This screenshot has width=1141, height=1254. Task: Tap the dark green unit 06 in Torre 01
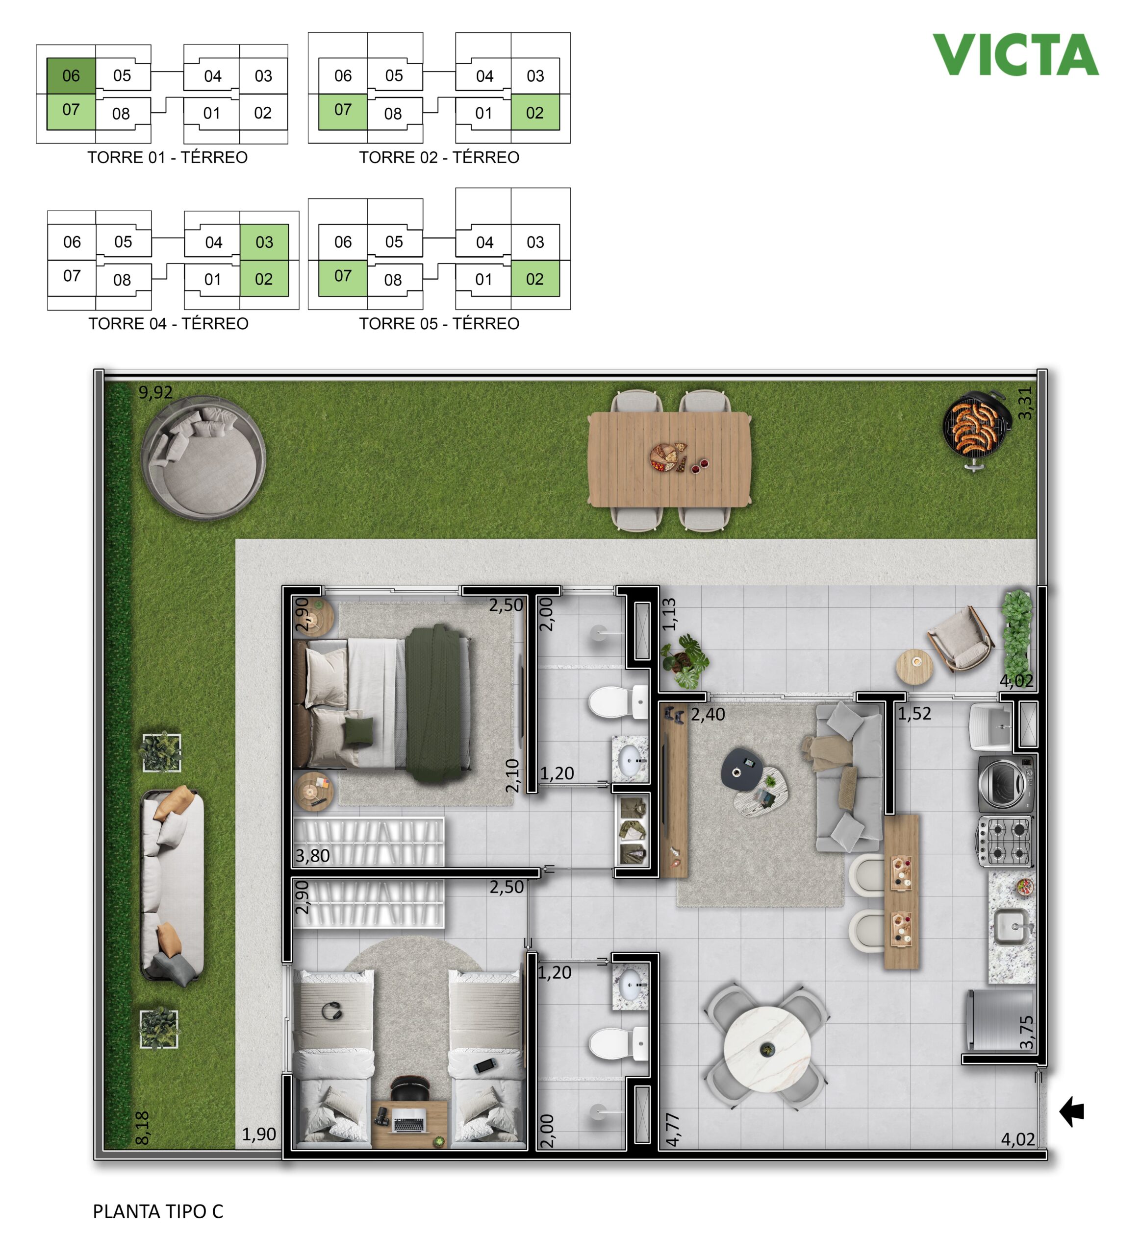71,76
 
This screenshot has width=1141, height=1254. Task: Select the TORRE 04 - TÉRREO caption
168,323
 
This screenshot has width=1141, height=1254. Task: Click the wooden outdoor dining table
670,459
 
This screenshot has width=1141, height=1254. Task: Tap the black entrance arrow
1072,1111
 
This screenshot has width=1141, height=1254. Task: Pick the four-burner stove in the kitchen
1004,841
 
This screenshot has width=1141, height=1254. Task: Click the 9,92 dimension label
155,392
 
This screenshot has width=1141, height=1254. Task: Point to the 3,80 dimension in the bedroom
312,856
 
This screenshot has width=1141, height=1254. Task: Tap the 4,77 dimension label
673,1130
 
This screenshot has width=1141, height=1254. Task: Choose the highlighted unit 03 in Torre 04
264,242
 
